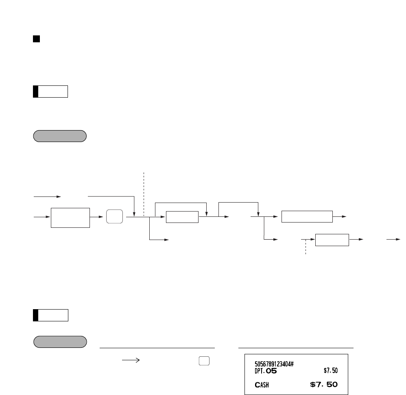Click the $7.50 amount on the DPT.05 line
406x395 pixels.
click(331, 370)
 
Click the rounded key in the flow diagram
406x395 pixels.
click(114, 217)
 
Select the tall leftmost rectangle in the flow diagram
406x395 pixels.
click(70, 217)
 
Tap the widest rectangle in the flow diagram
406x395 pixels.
click(307, 217)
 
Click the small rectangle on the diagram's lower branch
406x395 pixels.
click(332, 240)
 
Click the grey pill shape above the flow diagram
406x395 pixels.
click(59, 136)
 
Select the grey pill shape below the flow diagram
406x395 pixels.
click(59, 342)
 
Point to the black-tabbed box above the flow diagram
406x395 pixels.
click(50, 92)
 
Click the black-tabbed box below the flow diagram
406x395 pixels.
click(50, 315)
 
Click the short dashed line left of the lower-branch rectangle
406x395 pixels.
click(306, 247)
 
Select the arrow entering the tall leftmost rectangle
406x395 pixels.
click(42, 217)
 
